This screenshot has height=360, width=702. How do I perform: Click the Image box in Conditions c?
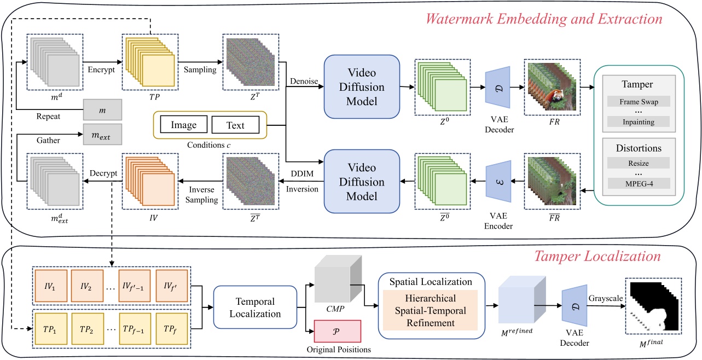(x=183, y=125)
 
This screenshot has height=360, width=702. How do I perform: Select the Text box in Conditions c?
(x=235, y=125)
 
